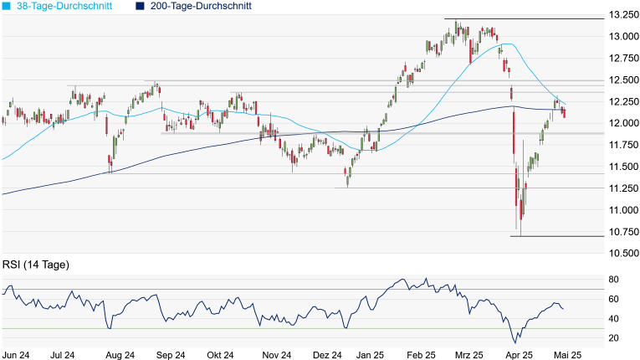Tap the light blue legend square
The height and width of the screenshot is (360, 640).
click(x=6, y=6)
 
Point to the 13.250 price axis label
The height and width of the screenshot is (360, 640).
click(x=623, y=15)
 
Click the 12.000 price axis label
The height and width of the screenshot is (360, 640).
click(x=623, y=123)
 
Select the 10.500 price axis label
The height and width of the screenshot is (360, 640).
click(x=623, y=253)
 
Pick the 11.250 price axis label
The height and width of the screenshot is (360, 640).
click(x=623, y=188)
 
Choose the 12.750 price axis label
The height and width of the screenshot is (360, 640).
click(x=623, y=59)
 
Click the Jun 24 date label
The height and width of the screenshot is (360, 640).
click(x=18, y=354)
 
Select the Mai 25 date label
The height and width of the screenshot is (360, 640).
click(x=569, y=354)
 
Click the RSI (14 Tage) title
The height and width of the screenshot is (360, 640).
click(x=35, y=265)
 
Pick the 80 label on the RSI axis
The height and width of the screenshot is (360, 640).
click(x=613, y=280)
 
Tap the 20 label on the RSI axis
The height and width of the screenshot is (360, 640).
click(x=613, y=337)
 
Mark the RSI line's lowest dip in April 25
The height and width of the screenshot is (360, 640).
click(x=515, y=342)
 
